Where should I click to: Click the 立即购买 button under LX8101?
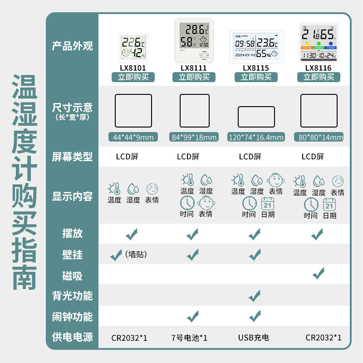tap(133, 77)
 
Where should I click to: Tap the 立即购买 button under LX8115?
tap(256, 77)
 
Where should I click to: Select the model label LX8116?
tap(318, 68)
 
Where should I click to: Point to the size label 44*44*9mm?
tap(133, 137)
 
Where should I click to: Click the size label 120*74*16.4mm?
tap(256, 137)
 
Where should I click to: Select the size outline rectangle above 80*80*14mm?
tap(319, 111)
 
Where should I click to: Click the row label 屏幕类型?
tap(72, 157)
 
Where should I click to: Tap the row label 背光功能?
tap(72, 296)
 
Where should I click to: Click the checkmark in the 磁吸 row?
tap(319, 273)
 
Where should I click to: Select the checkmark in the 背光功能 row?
tap(255, 296)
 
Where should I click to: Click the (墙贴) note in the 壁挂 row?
tap(136, 255)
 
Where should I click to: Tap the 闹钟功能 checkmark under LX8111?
tap(193, 315)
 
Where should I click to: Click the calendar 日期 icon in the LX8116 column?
tap(329, 205)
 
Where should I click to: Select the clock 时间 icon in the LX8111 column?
tap(187, 203)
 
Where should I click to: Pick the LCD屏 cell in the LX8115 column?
tap(250, 157)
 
